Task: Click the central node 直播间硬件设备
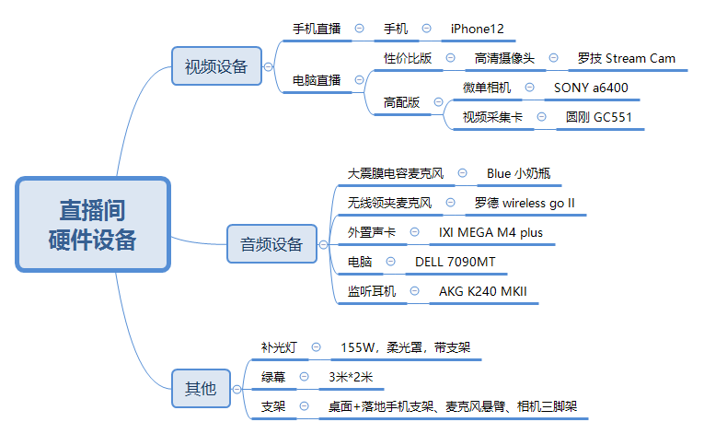click(92, 225)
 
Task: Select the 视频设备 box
click(215, 66)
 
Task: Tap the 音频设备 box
click(271, 244)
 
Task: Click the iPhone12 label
click(477, 29)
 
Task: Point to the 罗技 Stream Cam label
click(626, 58)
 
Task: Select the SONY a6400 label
click(591, 88)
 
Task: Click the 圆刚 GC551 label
click(598, 117)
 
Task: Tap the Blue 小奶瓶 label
click(518, 173)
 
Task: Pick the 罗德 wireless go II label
click(537, 203)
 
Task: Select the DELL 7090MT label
click(455, 262)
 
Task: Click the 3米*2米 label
click(350, 377)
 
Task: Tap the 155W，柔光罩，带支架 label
click(405, 347)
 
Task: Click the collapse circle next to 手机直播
click(359, 29)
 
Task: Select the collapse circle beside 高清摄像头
click(553, 58)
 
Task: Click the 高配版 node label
click(401, 102)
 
